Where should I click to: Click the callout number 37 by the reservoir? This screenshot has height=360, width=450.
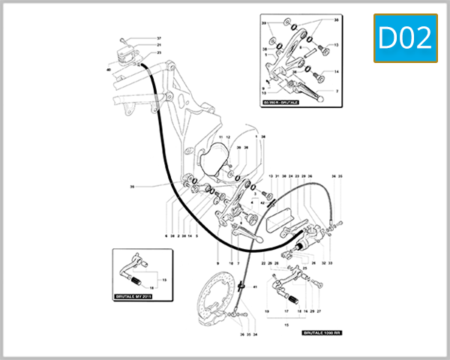(158, 38)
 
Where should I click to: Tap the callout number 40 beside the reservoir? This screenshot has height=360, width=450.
(109, 70)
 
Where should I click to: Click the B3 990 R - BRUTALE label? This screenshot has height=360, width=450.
(280, 100)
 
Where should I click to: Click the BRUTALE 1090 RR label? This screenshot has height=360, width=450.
(322, 331)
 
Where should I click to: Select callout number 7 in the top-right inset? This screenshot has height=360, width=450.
(337, 91)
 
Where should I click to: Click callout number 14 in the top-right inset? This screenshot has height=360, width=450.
(337, 72)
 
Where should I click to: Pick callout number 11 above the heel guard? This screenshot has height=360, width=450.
(221, 138)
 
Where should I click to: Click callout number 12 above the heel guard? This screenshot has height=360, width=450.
(229, 138)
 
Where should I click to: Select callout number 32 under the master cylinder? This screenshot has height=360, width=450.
(323, 264)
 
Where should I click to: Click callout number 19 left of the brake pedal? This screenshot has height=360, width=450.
(266, 310)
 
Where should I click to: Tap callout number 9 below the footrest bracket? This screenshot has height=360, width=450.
(217, 264)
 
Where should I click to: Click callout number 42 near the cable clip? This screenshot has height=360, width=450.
(263, 203)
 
